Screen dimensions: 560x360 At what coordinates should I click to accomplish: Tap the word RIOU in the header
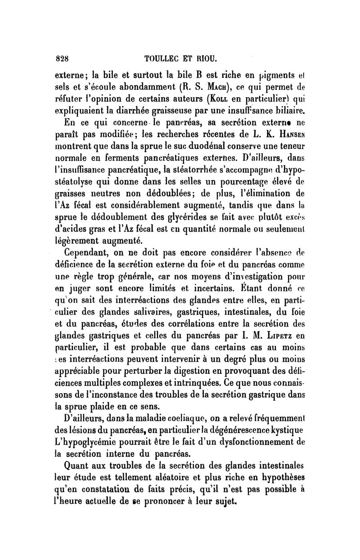208,58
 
